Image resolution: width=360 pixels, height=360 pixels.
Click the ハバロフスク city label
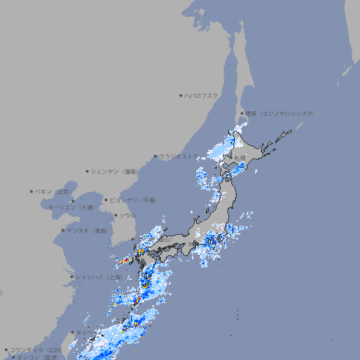click(x=202, y=95)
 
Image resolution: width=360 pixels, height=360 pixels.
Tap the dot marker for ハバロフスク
click(x=181, y=95)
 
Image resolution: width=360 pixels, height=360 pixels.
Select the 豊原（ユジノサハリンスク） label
click(x=281, y=113)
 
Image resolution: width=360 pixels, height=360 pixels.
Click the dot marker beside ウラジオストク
click(x=155, y=156)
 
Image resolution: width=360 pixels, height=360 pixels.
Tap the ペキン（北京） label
click(x=53, y=191)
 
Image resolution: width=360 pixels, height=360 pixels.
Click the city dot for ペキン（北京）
click(x=32, y=191)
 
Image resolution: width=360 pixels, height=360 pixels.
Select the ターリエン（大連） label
click(x=71, y=208)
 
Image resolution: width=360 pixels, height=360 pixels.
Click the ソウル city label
click(x=127, y=215)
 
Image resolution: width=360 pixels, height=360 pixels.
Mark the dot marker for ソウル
click(x=116, y=215)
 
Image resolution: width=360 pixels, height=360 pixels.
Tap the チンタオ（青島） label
click(x=87, y=231)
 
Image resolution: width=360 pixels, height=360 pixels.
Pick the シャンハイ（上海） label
click(x=98, y=277)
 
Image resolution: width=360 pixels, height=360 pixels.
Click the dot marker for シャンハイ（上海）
click(x=72, y=277)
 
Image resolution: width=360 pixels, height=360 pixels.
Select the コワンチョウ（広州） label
click(x=36, y=349)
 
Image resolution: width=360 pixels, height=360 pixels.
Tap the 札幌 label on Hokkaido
click(x=240, y=157)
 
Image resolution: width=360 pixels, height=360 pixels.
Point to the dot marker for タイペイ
click(x=72, y=333)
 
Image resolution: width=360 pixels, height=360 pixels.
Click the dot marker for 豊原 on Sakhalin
click(x=242, y=113)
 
